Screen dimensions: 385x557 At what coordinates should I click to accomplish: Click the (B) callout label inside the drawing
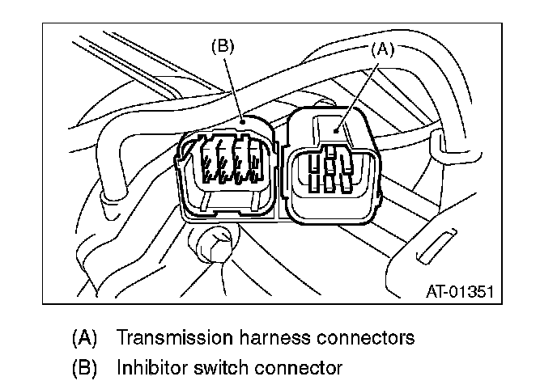(222, 46)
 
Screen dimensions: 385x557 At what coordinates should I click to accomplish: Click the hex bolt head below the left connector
(211, 241)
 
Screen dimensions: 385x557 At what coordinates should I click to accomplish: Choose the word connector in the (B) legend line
(299, 367)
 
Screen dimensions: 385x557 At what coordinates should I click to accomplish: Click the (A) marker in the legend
(85, 336)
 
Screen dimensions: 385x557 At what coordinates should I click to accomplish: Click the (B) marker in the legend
(85, 367)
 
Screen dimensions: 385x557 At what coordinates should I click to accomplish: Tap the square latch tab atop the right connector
(333, 125)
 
